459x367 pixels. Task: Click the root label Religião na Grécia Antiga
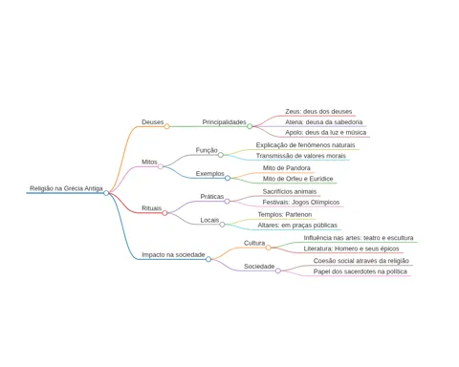click(x=66, y=188)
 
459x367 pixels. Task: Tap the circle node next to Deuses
click(x=166, y=126)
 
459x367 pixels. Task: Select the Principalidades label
click(x=224, y=122)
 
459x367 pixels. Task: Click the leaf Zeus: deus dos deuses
click(x=318, y=112)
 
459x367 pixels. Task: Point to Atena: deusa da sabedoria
click(x=323, y=122)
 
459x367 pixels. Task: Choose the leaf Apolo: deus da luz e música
click(x=325, y=132)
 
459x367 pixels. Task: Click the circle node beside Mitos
click(x=161, y=166)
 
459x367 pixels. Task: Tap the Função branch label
click(x=207, y=150)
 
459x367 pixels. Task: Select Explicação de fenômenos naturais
click(x=305, y=145)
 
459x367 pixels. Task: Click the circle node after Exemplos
click(x=228, y=178)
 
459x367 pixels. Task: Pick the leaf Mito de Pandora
click(x=286, y=168)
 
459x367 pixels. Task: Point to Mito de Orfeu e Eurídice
click(x=297, y=179)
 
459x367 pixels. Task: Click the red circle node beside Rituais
click(x=164, y=213)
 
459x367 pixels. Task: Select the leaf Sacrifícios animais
click(x=290, y=191)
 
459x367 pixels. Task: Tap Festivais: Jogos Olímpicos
click(x=301, y=202)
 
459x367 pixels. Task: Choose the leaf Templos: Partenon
click(x=285, y=214)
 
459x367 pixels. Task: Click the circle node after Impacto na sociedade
click(x=208, y=259)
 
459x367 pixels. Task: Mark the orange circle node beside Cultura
click(x=269, y=248)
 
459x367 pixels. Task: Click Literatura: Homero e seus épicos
click(x=351, y=248)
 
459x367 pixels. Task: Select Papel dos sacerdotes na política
click(x=361, y=271)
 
